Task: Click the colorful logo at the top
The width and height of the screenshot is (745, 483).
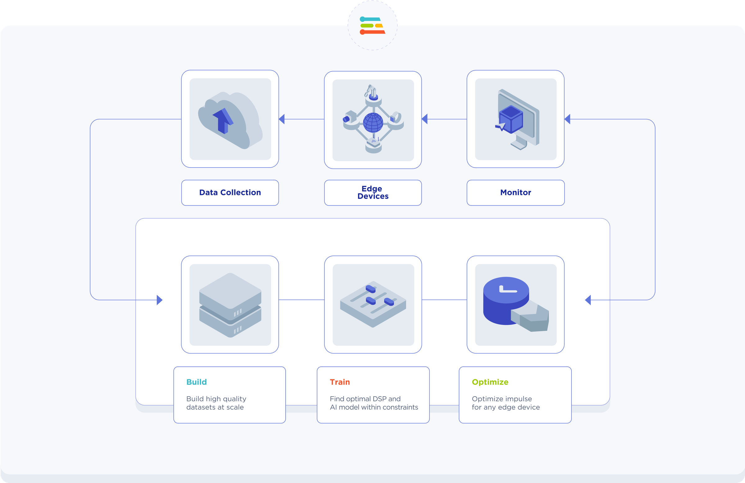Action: pos(372,25)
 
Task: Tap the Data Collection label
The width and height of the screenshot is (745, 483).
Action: pos(230,192)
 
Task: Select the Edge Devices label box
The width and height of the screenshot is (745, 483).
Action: pos(373,192)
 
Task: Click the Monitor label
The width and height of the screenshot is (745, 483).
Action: pos(516,192)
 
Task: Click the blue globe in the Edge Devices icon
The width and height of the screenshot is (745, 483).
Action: pos(373,122)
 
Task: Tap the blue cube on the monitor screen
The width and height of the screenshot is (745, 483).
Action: pos(511,119)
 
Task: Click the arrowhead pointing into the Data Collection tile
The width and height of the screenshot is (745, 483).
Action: pos(282,119)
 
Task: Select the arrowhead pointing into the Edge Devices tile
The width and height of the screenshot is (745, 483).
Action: pos(424,119)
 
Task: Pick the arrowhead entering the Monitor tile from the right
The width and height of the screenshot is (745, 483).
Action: pos(567,119)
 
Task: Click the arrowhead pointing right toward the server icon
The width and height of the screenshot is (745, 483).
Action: pos(159,300)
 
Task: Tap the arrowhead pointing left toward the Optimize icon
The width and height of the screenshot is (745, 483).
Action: pos(588,300)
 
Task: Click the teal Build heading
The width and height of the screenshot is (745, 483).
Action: pos(196,382)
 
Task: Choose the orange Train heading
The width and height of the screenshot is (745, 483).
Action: pos(340,382)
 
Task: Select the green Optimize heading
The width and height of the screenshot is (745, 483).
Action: pos(490,382)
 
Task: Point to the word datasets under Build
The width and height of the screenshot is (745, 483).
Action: pos(201,407)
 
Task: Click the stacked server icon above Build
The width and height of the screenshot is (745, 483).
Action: pos(230,305)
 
